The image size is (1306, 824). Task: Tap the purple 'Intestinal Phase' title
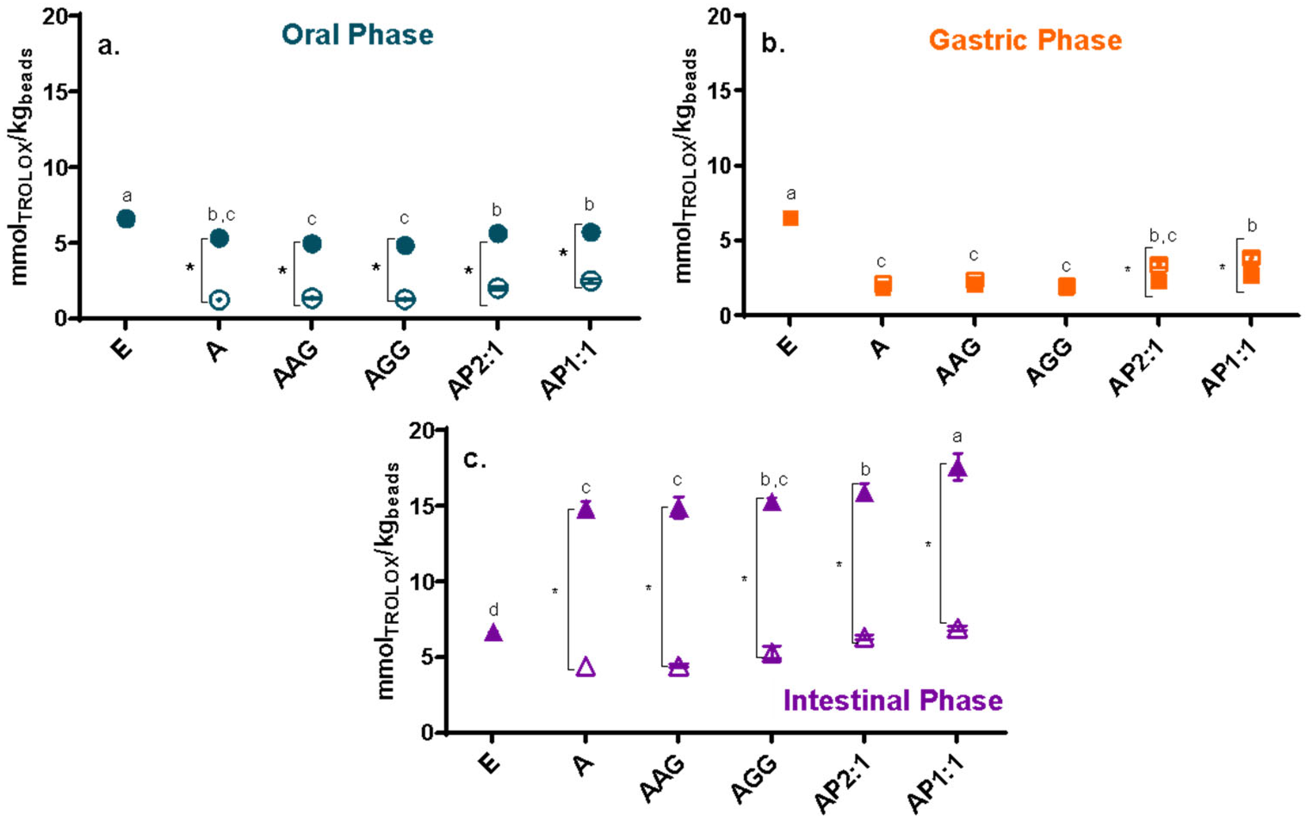pyautogui.click(x=893, y=700)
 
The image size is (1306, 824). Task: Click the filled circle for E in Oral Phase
pyautogui.click(x=126, y=219)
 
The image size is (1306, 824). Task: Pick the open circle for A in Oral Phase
pyautogui.click(x=219, y=300)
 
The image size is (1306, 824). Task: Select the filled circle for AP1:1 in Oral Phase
pyautogui.click(x=591, y=232)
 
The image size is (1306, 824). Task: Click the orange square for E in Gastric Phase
pyautogui.click(x=790, y=218)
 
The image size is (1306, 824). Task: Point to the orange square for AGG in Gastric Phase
pyautogui.click(x=1066, y=286)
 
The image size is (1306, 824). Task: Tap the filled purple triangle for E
pyautogui.click(x=493, y=633)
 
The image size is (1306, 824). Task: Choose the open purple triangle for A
pyautogui.click(x=586, y=667)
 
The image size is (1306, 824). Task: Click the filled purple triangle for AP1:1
pyautogui.click(x=957, y=468)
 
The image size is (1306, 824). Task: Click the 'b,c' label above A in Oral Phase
pyautogui.click(x=221, y=215)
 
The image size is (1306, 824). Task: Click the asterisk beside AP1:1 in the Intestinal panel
pyautogui.click(x=928, y=545)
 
